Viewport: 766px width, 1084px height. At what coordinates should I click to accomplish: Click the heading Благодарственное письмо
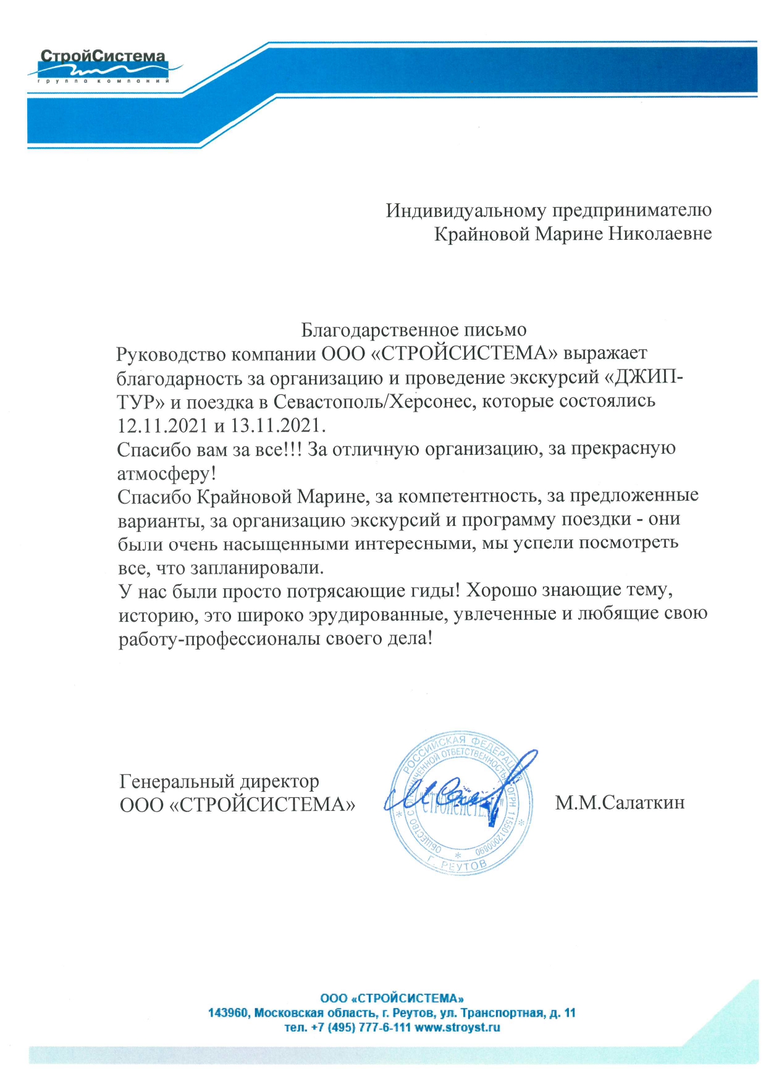coord(413,331)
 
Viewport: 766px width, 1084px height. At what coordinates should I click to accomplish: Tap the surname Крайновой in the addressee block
coord(481,234)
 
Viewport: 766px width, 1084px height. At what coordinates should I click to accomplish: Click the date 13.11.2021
coord(278,426)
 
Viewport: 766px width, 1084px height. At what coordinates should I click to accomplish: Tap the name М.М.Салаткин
coord(620,803)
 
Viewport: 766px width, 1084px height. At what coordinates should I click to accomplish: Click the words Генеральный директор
coord(219,782)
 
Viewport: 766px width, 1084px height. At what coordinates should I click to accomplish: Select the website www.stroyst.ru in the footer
coord(457,1028)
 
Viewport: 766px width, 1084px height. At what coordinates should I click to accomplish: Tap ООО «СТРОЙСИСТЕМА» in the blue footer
coord(392,998)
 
